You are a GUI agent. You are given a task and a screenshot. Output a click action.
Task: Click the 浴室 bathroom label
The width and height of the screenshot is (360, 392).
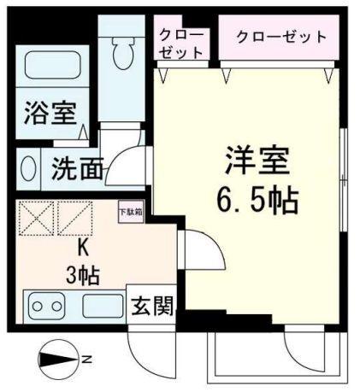click(49, 114)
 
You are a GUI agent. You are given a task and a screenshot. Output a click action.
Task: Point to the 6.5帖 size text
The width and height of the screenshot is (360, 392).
click(257, 201)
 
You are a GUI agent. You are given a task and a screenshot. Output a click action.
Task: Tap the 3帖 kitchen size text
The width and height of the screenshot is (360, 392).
click(83, 275)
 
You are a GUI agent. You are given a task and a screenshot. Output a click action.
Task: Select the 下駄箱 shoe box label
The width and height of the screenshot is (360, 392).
click(130, 211)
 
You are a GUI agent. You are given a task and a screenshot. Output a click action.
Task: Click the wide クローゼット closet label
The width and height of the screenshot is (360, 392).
click(280, 37)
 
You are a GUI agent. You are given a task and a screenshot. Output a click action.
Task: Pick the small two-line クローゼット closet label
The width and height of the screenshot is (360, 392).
click(182, 43)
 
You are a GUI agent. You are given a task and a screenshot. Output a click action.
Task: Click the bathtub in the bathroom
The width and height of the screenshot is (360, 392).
click(50, 66)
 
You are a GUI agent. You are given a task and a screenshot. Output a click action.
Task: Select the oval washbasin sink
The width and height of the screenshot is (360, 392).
click(27, 168)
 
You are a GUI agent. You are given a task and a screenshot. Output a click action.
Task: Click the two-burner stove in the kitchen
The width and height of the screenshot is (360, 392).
click(45, 305)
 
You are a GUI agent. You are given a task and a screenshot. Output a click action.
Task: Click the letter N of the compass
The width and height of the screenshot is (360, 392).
click(86, 360)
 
